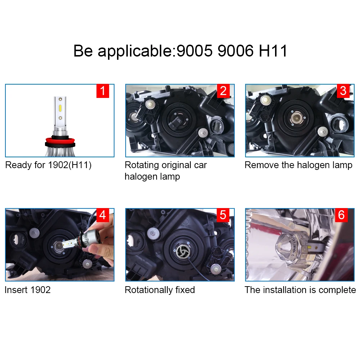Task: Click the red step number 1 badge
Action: (x=103, y=91)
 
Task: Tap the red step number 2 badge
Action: (x=223, y=91)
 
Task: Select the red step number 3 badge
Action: (x=343, y=91)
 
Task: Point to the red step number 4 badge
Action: (x=103, y=215)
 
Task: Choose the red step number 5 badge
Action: (x=223, y=215)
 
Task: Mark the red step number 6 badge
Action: (x=341, y=215)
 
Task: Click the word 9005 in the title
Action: (x=193, y=51)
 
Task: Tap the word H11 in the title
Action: (x=273, y=51)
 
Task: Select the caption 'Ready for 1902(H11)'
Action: (x=49, y=165)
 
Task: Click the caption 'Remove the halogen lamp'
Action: (x=298, y=165)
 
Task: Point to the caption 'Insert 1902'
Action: (x=28, y=290)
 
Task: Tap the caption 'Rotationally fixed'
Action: (x=160, y=290)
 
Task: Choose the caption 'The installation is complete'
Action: (x=300, y=290)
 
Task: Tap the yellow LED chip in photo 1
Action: (x=60, y=108)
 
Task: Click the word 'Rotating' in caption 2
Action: (x=141, y=165)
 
